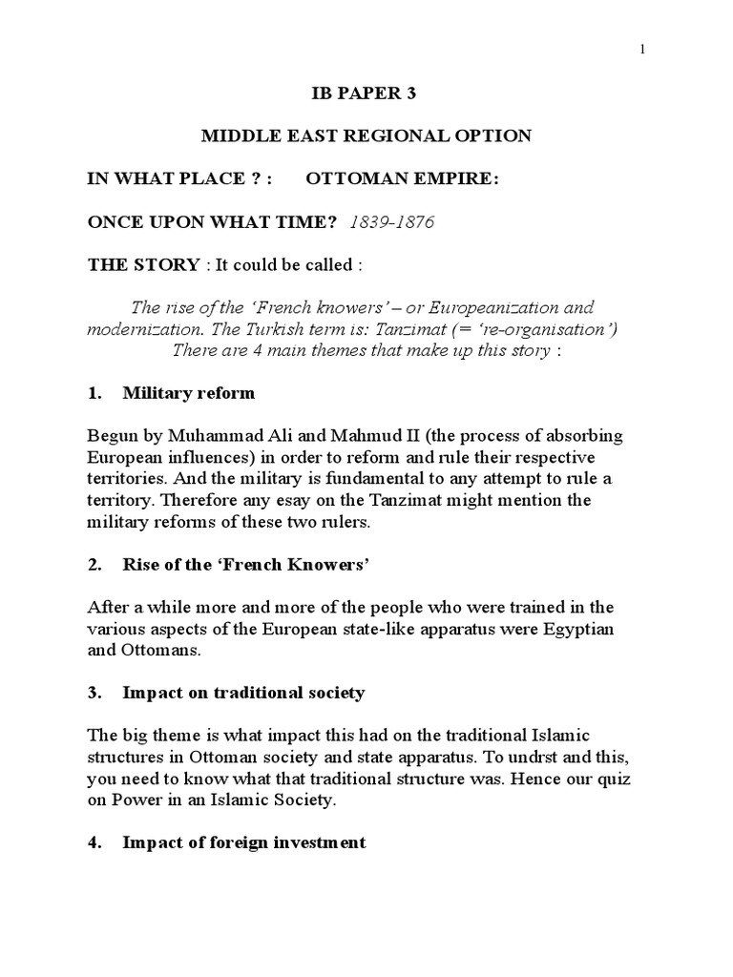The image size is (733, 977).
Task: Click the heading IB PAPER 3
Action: [366, 94]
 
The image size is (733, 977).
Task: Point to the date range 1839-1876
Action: [392, 222]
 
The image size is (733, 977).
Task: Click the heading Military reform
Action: [189, 393]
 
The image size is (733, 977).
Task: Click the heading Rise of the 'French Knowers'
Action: [245, 565]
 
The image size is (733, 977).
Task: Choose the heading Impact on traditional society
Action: [243, 693]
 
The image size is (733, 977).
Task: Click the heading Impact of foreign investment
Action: [244, 843]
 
